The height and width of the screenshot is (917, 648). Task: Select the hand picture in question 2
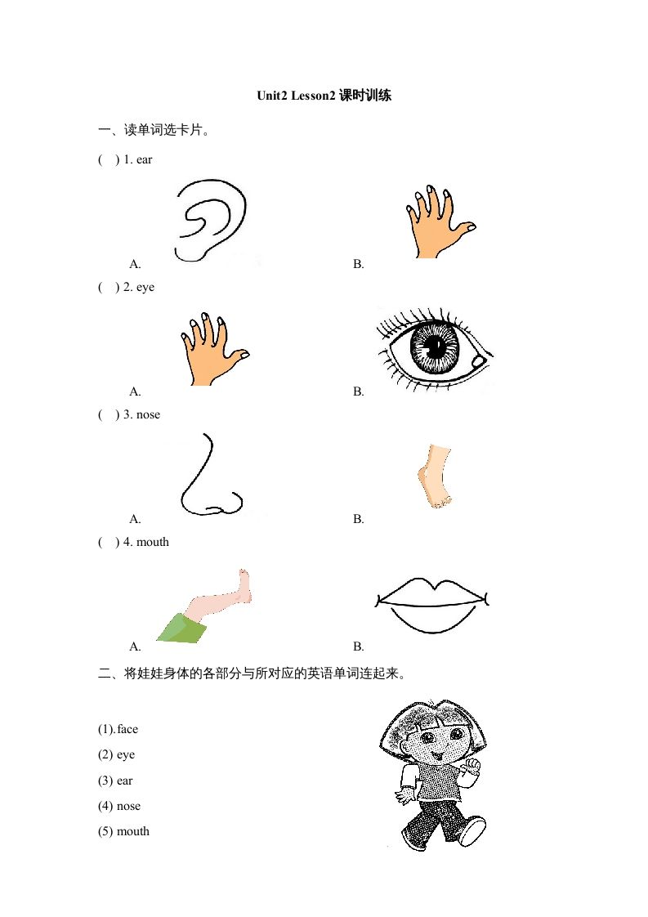click(211, 349)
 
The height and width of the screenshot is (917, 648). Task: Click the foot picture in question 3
click(434, 477)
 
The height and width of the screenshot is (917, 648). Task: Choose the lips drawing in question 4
click(432, 606)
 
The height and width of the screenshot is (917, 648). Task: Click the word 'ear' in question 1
click(144, 159)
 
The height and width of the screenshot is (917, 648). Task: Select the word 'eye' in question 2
click(145, 287)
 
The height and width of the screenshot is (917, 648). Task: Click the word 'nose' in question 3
click(148, 414)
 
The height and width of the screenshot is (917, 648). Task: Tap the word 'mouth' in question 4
click(153, 542)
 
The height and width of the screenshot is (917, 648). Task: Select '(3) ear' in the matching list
click(114, 781)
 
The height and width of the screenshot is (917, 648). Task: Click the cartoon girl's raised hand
click(471, 765)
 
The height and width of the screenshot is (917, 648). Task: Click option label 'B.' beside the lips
click(358, 646)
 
